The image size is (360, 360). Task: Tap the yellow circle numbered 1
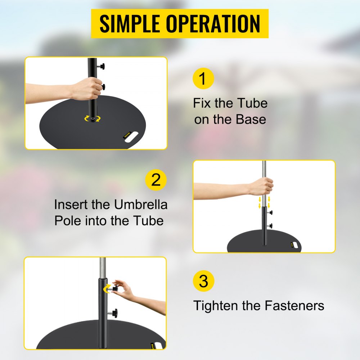tap(203, 78)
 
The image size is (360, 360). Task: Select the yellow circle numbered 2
tap(156, 180)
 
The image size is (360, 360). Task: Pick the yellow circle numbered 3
tap(203, 281)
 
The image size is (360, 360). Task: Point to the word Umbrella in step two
tap(141, 204)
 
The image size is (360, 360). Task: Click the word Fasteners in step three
tap(294, 306)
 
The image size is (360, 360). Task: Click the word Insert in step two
tap(69, 204)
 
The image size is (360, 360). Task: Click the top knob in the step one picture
tap(104, 66)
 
